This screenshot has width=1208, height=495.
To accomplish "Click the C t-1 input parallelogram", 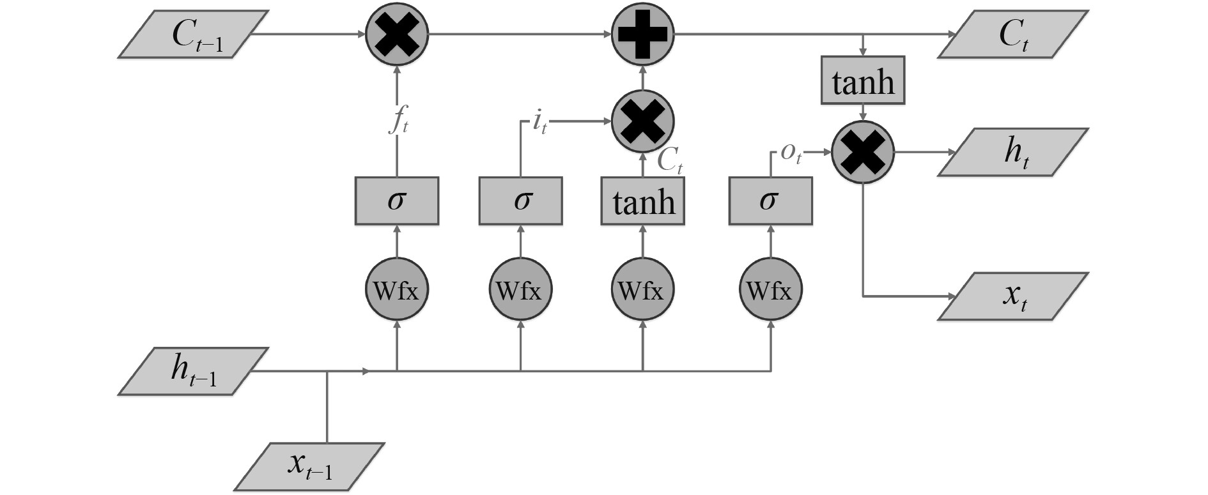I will click(x=193, y=34).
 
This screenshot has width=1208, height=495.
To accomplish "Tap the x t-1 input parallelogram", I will click(x=309, y=467).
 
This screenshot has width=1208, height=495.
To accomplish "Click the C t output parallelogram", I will click(x=1012, y=34).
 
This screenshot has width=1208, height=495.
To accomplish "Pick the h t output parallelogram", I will click(x=1012, y=152).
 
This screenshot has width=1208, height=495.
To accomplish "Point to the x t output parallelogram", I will click(x=1012, y=296).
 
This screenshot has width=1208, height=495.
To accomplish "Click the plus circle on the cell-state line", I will click(x=643, y=34).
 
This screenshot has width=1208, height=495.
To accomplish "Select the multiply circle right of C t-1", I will click(x=397, y=34).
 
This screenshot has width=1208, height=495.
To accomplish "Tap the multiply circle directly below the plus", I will click(x=643, y=121).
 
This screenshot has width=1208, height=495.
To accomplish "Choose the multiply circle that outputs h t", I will click(x=863, y=153).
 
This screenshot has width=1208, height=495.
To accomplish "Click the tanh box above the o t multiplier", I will click(x=863, y=81).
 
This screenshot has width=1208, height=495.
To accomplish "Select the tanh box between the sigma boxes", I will click(x=643, y=201).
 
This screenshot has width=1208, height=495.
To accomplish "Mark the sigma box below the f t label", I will click(x=397, y=201).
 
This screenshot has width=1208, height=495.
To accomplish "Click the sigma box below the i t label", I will click(x=521, y=201).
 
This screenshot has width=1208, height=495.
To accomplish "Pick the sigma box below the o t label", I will click(x=771, y=201).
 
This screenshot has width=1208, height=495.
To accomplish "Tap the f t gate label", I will click(x=398, y=121).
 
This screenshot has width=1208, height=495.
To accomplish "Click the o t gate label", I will click(x=791, y=153).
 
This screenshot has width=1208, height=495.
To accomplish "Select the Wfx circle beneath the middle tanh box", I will click(x=643, y=291).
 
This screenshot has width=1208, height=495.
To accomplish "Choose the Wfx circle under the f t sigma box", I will click(x=397, y=291).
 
